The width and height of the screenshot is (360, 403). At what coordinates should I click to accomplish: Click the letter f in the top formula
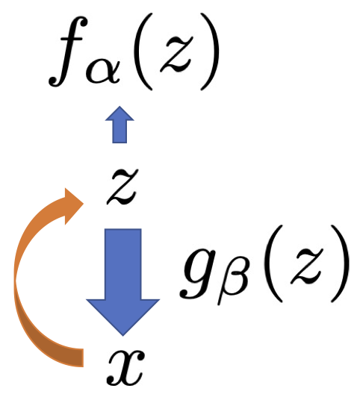[67, 51]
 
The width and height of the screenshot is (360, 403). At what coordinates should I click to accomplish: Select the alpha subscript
[103, 72]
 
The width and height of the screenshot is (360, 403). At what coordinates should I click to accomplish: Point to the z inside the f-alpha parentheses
[176, 54]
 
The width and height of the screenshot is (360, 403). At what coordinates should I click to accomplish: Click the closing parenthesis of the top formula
[210, 51]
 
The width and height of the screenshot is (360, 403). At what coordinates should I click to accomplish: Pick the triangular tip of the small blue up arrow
[120, 113]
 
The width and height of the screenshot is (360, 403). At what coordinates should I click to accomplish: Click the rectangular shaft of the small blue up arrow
[120, 131]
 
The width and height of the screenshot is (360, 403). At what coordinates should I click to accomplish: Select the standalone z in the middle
[122, 187]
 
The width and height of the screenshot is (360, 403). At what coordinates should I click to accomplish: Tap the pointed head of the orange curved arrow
[73, 206]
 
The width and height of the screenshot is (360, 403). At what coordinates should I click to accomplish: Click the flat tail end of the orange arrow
[81, 357]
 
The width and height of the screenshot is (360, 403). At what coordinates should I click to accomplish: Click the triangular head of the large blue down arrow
[123, 316]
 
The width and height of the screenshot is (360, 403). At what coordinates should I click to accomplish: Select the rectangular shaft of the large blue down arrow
[123, 264]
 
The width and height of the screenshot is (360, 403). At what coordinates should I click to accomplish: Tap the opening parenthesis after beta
[274, 263]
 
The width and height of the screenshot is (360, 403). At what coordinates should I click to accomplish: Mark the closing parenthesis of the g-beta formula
[339, 263]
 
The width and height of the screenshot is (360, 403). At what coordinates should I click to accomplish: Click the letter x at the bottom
[125, 368]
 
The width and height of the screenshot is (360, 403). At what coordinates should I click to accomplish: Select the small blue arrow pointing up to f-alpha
[120, 125]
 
